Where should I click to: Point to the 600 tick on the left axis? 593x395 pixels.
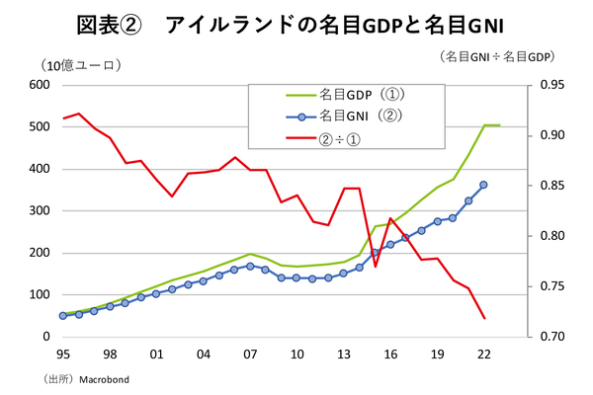pyautogui.click(x=39, y=85)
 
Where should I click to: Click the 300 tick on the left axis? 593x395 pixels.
pyautogui.click(x=39, y=211)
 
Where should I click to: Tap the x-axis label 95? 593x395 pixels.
pyautogui.click(x=62, y=354)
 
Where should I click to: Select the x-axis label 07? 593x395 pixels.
pyautogui.click(x=250, y=354)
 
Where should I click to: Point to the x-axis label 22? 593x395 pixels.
pyautogui.click(x=483, y=354)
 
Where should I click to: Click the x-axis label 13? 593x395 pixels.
pyautogui.click(x=343, y=354)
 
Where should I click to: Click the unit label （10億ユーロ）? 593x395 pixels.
pyautogui.click(x=80, y=66)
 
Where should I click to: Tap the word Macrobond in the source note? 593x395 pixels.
pyautogui.click(x=105, y=378)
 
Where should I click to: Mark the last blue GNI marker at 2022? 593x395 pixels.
pyautogui.click(x=483, y=185)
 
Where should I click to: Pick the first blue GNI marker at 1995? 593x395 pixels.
pyautogui.click(x=63, y=316)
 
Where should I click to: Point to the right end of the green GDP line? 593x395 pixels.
pyautogui.click(x=500, y=125)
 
